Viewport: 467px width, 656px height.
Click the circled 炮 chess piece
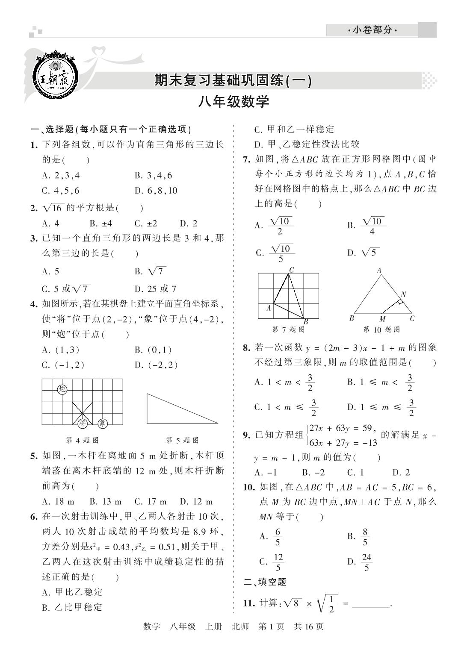click(x=62, y=389)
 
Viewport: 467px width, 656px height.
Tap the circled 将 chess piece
click(x=83, y=423)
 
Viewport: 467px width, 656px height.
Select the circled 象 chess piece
click(x=102, y=423)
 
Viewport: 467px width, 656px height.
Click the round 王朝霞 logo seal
click(x=56, y=77)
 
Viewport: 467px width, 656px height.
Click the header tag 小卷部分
click(x=372, y=30)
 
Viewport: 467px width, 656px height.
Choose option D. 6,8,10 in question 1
click(x=156, y=191)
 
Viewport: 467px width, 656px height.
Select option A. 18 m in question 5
click(x=58, y=502)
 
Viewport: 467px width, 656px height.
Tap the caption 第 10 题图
click(x=381, y=329)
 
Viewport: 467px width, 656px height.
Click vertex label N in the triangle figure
click(x=403, y=294)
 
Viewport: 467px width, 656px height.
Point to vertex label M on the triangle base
click(x=382, y=319)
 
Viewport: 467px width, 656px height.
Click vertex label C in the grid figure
click(x=291, y=270)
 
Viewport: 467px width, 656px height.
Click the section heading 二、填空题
click(x=265, y=582)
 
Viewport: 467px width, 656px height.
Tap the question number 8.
click(x=246, y=347)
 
